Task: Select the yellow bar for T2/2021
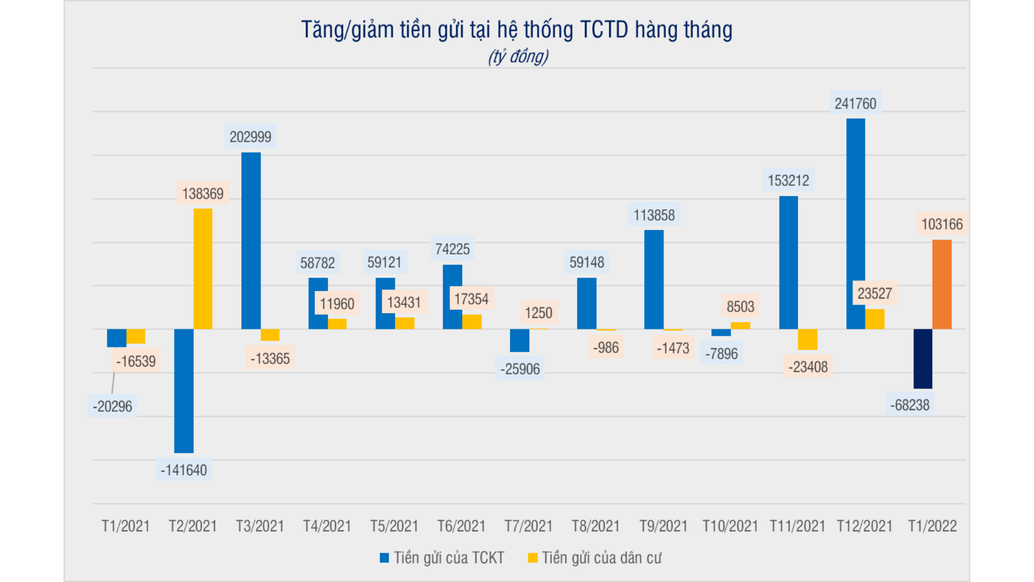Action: [203, 268]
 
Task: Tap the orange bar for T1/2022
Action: [942, 284]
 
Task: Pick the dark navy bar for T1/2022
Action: [923, 358]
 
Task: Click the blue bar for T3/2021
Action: [251, 240]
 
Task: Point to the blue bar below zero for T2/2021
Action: [184, 391]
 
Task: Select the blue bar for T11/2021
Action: [788, 262]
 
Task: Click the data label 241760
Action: [855, 103]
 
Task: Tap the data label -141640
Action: [184, 470]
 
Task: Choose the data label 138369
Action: [202, 193]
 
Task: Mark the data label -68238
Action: [910, 405]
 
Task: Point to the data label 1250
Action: [539, 313]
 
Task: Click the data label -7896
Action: [722, 354]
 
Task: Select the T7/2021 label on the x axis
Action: [528, 526]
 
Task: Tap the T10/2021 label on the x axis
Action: [730, 526]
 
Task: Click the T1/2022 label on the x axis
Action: [932, 526]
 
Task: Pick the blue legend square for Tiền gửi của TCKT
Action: [384, 558]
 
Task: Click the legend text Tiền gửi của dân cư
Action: [601, 558]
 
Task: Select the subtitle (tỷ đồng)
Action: [518, 57]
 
